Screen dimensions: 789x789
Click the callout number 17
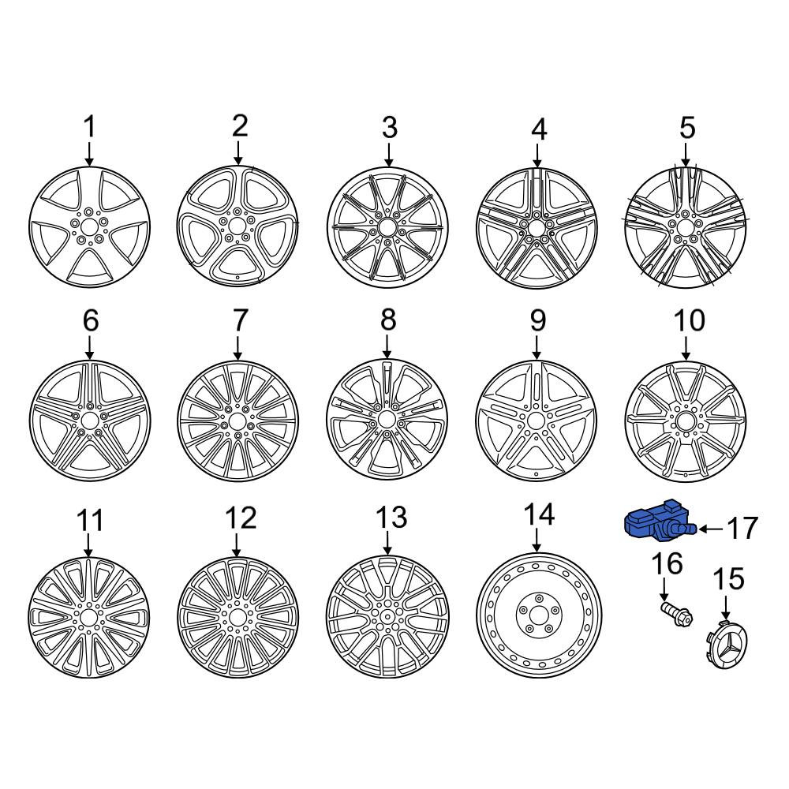742,528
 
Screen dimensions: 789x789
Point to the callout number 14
539,514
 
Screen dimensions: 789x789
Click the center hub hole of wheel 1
90,227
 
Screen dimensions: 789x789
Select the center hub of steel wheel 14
539,615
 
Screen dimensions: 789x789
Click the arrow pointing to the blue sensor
712,529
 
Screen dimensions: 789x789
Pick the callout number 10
689,320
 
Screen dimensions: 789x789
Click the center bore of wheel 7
237,421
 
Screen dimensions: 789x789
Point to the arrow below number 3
388,155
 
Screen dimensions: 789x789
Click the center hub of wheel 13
387,617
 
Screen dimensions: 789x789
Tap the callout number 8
388,320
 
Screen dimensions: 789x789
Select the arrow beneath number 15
725,608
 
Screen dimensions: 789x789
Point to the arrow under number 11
88,545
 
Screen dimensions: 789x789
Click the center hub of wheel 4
537,227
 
